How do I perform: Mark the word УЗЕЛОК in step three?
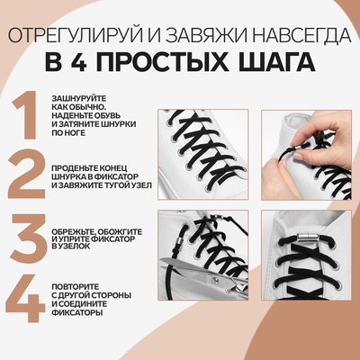point(91,246)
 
